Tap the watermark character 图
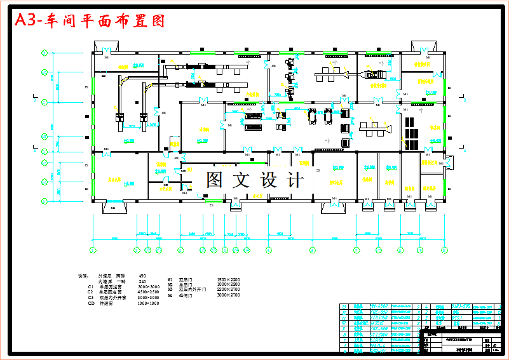[x=214, y=180]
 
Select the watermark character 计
[x=295, y=180]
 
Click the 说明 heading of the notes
[x=83, y=276]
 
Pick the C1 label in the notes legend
[x=91, y=287]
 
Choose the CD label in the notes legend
[x=91, y=303]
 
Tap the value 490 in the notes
[x=142, y=276]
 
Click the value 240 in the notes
[x=142, y=281]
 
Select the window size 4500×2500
[x=148, y=292]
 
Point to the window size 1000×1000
[x=148, y=303]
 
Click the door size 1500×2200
[x=229, y=279]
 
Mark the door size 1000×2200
[x=229, y=284]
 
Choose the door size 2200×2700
[x=229, y=290]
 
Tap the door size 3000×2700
[x=229, y=295]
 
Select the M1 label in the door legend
[x=170, y=279]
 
